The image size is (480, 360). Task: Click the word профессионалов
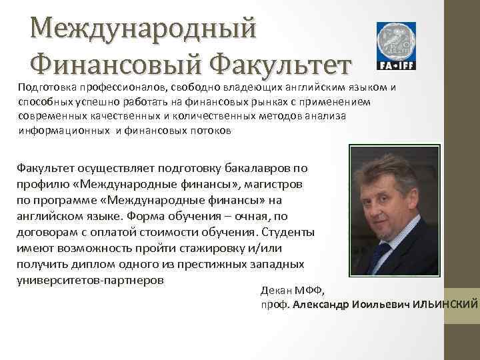(125, 87)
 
